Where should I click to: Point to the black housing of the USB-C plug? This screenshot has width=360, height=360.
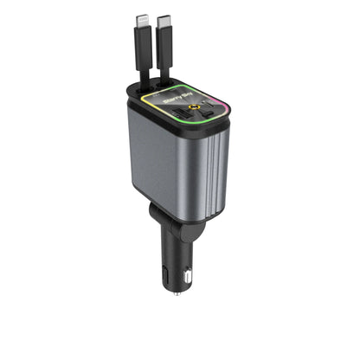[164, 38]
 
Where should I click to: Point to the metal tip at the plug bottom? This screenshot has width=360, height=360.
[177, 292]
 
